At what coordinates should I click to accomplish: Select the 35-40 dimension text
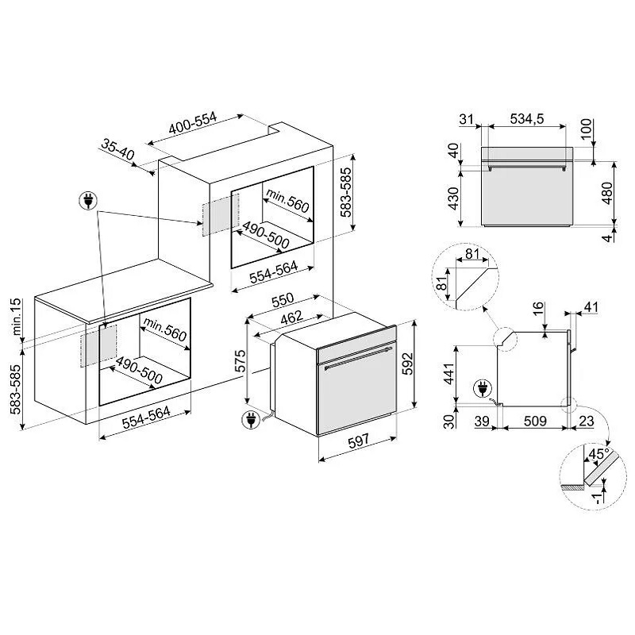tap(117, 149)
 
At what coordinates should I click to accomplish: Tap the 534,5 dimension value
tap(526, 119)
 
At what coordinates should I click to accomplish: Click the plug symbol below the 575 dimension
tap(251, 419)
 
